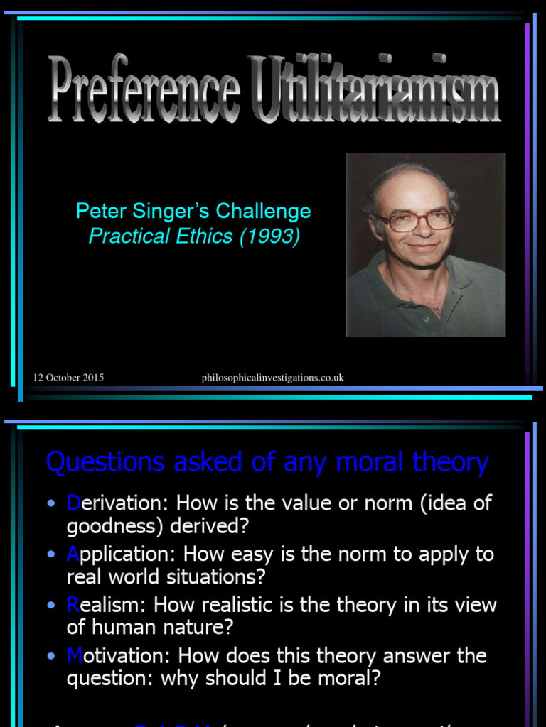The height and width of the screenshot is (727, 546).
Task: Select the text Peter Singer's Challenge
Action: pyautogui.click(x=193, y=211)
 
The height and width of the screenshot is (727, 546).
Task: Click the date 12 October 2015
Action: pyautogui.click(x=68, y=378)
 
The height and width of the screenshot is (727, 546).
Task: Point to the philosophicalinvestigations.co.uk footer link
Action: pyautogui.click(x=272, y=378)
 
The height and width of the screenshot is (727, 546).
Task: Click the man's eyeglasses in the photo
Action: pyautogui.click(x=416, y=221)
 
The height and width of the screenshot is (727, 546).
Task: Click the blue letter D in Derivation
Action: pyautogui.click(x=74, y=503)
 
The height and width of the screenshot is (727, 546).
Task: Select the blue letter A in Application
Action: pyautogui.click(x=74, y=554)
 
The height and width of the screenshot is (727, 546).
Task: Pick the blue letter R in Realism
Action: pyautogui.click(x=73, y=605)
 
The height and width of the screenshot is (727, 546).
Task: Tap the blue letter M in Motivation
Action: pyautogui.click(x=75, y=655)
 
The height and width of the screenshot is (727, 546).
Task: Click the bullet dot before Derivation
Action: pyautogui.click(x=51, y=504)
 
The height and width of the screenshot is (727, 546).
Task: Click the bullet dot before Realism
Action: pyautogui.click(x=51, y=606)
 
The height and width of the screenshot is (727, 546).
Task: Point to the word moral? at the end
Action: pyautogui.click(x=348, y=678)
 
